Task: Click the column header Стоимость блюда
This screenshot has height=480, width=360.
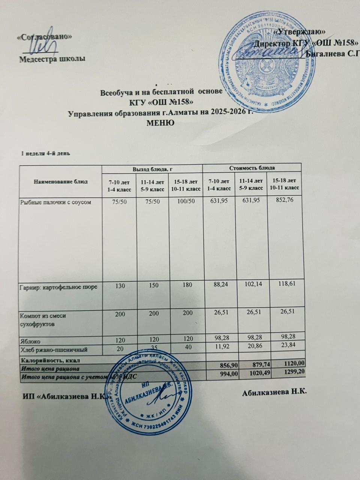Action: click(x=252, y=167)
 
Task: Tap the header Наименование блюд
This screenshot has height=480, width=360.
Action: click(x=61, y=181)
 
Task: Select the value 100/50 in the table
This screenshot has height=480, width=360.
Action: click(x=185, y=202)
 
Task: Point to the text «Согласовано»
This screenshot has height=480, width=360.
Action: click(x=45, y=37)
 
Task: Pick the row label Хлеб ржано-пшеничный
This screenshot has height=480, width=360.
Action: click(x=54, y=350)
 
